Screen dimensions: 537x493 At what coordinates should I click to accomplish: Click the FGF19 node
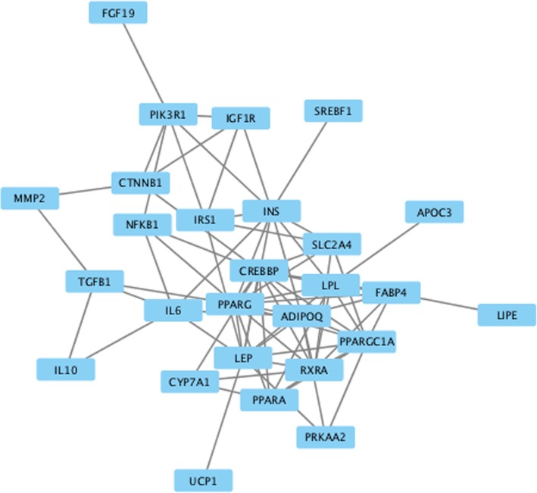pyautogui.click(x=118, y=13)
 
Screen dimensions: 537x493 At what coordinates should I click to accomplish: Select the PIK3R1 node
pyautogui.click(x=168, y=115)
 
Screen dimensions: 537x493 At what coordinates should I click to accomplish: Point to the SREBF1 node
pyautogui.click(x=333, y=112)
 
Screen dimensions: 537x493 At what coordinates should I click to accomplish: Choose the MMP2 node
pyautogui.click(x=30, y=198)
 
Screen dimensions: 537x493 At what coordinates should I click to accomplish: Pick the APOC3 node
pyautogui.click(x=434, y=212)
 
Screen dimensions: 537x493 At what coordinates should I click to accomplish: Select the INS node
pyautogui.click(x=271, y=211)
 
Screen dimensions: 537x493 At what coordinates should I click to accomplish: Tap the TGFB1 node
pyautogui.click(x=94, y=282)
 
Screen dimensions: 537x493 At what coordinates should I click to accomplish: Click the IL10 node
pyautogui.click(x=66, y=369)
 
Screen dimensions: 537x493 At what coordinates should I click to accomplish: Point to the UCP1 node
pyautogui.click(x=202, y=480)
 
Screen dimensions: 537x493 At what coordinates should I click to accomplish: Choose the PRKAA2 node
pyautogui.click(x=326, y=436)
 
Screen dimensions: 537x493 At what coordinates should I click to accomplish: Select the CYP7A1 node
pyautogui.click(x=189, y=382)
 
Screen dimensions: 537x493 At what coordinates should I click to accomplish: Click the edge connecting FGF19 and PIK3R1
pyautogui.click(x=143, y=64)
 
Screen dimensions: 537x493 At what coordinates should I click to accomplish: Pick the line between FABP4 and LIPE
pyautogui.click(x=448, y=303)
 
